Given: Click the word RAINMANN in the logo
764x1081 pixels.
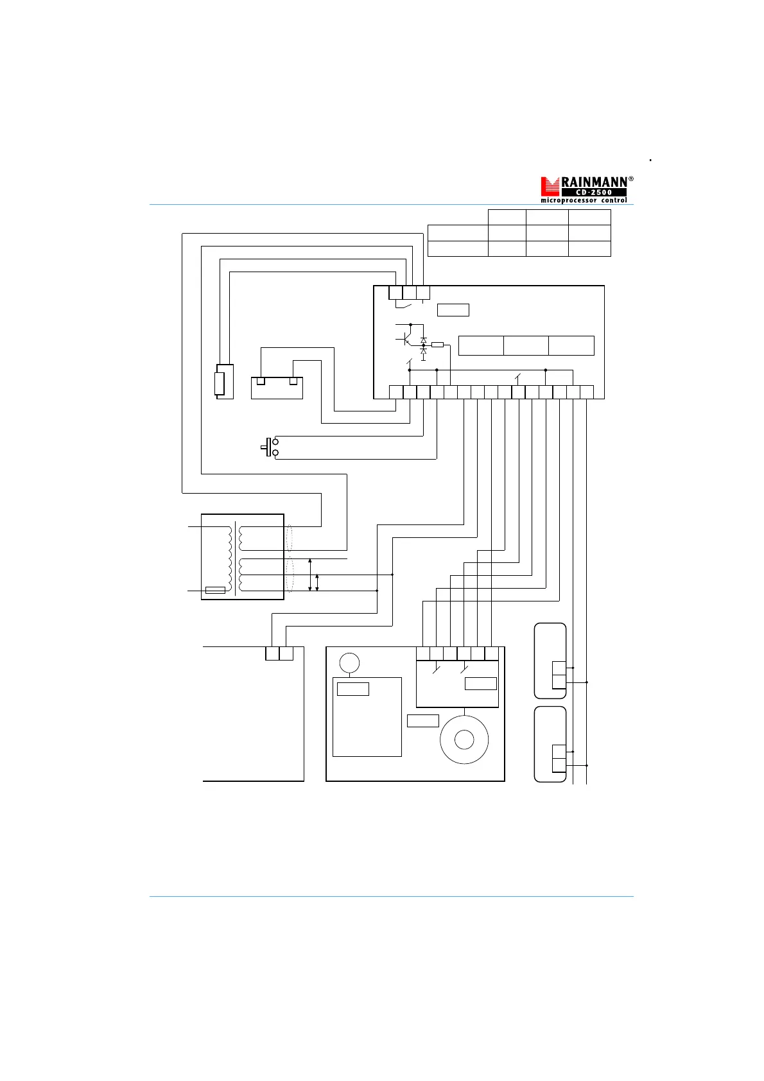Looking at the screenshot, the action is pos(595,182).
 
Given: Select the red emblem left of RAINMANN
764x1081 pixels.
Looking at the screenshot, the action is pos(550,186).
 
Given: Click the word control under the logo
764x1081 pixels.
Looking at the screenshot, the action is pos(614,200).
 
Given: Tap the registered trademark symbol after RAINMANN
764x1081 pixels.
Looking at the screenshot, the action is pos(631,179).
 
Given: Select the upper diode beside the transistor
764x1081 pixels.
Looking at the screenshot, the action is pos(423,340).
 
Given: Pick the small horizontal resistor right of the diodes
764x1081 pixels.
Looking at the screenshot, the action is pos(437,345).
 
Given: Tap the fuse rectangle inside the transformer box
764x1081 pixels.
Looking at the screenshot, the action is pos(215,590).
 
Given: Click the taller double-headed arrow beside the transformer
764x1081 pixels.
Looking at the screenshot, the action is pos(310,575).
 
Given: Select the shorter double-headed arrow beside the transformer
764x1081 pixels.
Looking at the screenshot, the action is pos(317,582).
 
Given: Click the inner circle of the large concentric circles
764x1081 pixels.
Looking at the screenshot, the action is pos(464,740).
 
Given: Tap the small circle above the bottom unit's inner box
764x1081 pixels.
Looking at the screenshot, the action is pos(349,662).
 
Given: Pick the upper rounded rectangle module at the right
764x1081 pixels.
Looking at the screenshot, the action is pos(550,661).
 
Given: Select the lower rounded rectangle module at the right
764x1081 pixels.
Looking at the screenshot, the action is pos(550,744).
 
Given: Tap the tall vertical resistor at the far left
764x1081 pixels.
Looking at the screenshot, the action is pos(220,382).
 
